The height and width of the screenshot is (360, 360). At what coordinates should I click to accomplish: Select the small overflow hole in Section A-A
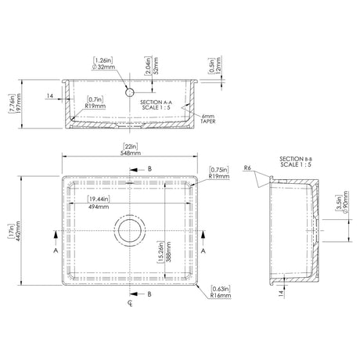(x=130, y=92)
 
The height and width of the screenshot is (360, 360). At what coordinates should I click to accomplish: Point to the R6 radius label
(x=247, y=167)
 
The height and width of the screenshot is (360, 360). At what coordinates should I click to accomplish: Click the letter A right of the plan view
(x=203, y=253)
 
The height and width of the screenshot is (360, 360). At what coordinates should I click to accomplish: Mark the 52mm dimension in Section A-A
(x=163, y=64)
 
